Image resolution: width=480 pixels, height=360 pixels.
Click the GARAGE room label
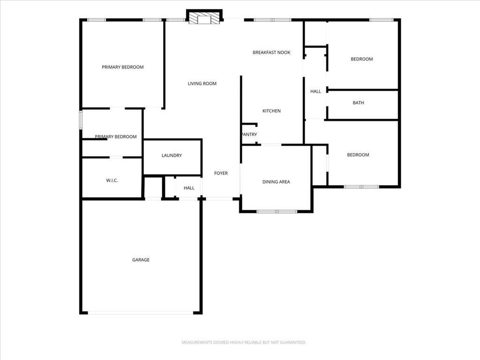click(141, 260)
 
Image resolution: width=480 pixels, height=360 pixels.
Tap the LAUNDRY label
click(172, 156)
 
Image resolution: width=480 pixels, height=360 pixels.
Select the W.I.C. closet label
click(112, 180)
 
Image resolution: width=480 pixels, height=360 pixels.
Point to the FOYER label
click(221, 173)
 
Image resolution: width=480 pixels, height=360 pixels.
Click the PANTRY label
click(249, 135)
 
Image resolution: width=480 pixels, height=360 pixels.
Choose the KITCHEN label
click(271, 111)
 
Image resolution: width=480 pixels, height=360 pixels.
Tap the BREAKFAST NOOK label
click(271, 52)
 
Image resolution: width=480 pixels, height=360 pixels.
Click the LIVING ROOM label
click(202, 83)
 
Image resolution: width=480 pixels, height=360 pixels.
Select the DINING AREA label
click(276, 182)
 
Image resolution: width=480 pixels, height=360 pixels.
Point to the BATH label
click(359, 103)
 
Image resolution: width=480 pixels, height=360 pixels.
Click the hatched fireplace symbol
click(204, 18)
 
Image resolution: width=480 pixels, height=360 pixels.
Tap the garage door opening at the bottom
click(141, 313)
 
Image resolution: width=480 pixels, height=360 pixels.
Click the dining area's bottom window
click(277, 211)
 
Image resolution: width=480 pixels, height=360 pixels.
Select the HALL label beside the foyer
click(189, 188)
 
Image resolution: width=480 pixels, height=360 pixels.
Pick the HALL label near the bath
click(315, 91)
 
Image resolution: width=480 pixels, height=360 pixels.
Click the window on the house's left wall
click(81, 120)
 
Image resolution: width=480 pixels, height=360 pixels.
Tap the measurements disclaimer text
click(244, 342)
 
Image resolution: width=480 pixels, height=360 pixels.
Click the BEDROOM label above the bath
click(362, 59)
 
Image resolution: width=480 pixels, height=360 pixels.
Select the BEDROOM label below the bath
click(358, 155)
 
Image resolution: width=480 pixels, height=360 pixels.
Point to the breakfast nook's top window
click(272, 20)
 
